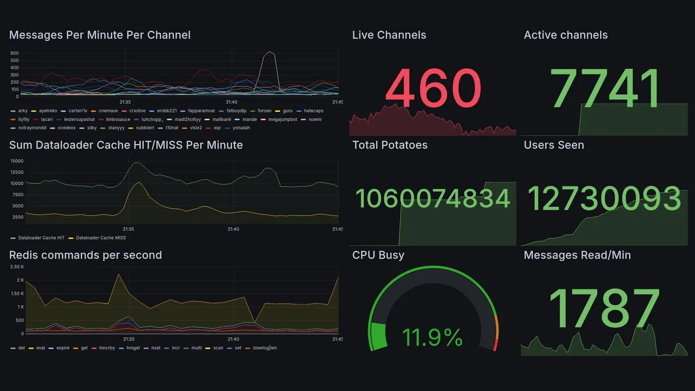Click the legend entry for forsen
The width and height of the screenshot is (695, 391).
click(x=264, y=111)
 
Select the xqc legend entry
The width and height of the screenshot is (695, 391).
click(x=217, y=128)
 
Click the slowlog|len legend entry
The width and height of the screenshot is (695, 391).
click(x=264, y=348)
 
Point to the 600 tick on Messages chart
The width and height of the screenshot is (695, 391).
click(x=15, y=53)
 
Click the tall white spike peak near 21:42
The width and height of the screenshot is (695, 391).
click(x=269, y=52)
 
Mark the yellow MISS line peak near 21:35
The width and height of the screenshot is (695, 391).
click(x=139, y=182)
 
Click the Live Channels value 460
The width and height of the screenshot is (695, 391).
click(x=433, y=88)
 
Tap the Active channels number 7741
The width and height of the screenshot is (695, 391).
click(x=605, y=88)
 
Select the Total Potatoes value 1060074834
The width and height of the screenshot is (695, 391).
click(x=433, y=198)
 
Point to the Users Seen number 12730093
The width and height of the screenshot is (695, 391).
click(x=604, y=198)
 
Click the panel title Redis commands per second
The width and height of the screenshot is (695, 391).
click(x=85, y=255)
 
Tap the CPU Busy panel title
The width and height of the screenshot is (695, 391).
click(x=378, y=255)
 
